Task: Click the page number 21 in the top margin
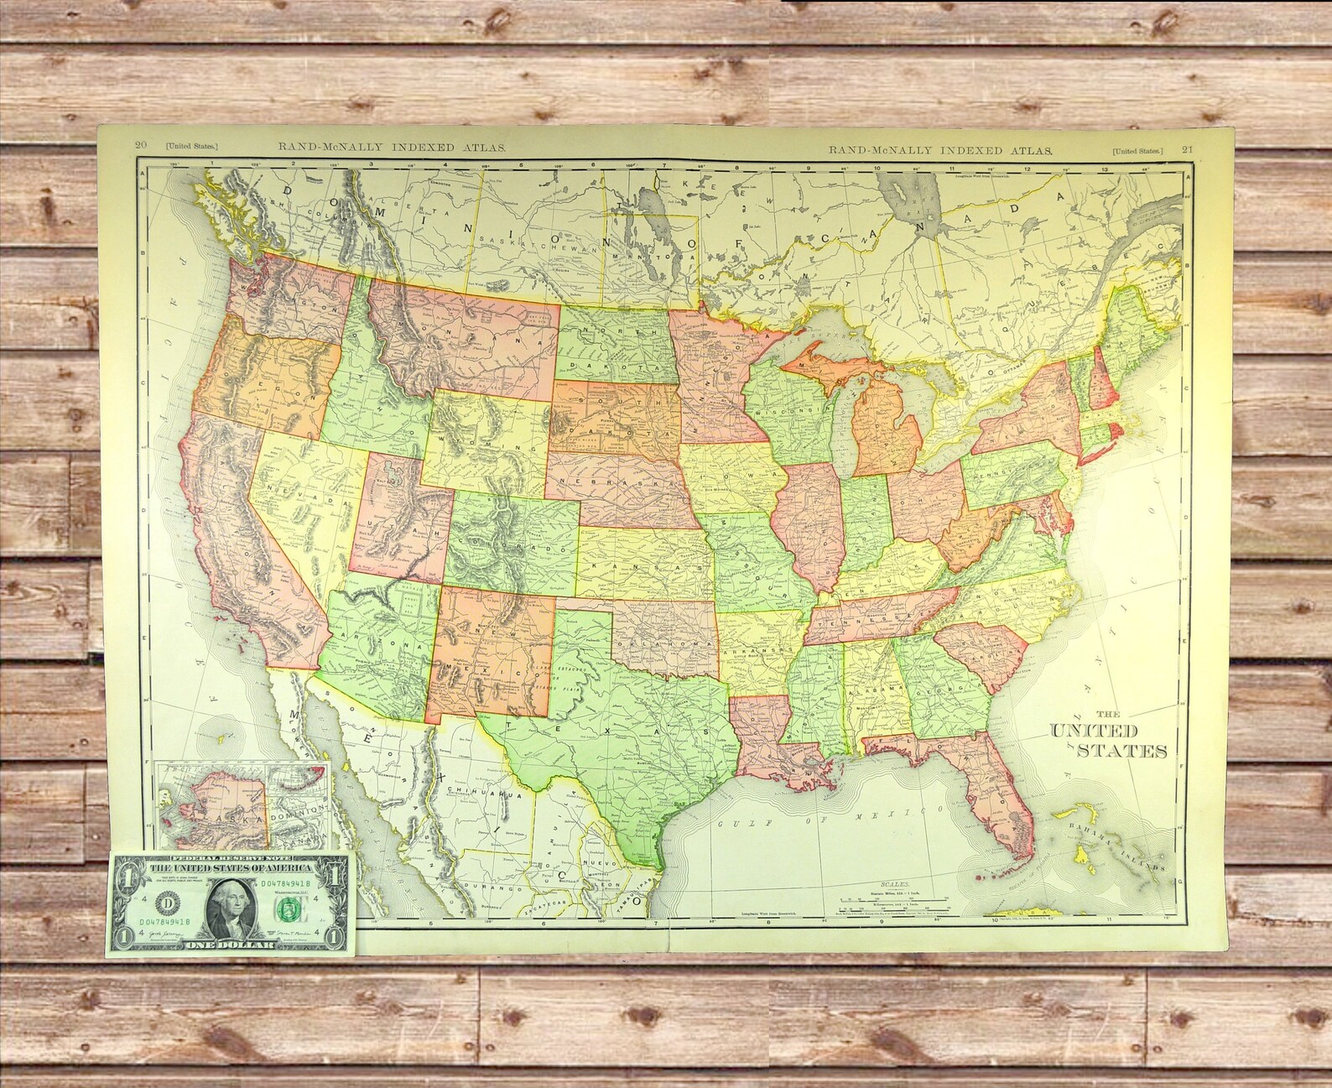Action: (x=1187, y=149)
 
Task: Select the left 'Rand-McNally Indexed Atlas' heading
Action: (x=392, y=147)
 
